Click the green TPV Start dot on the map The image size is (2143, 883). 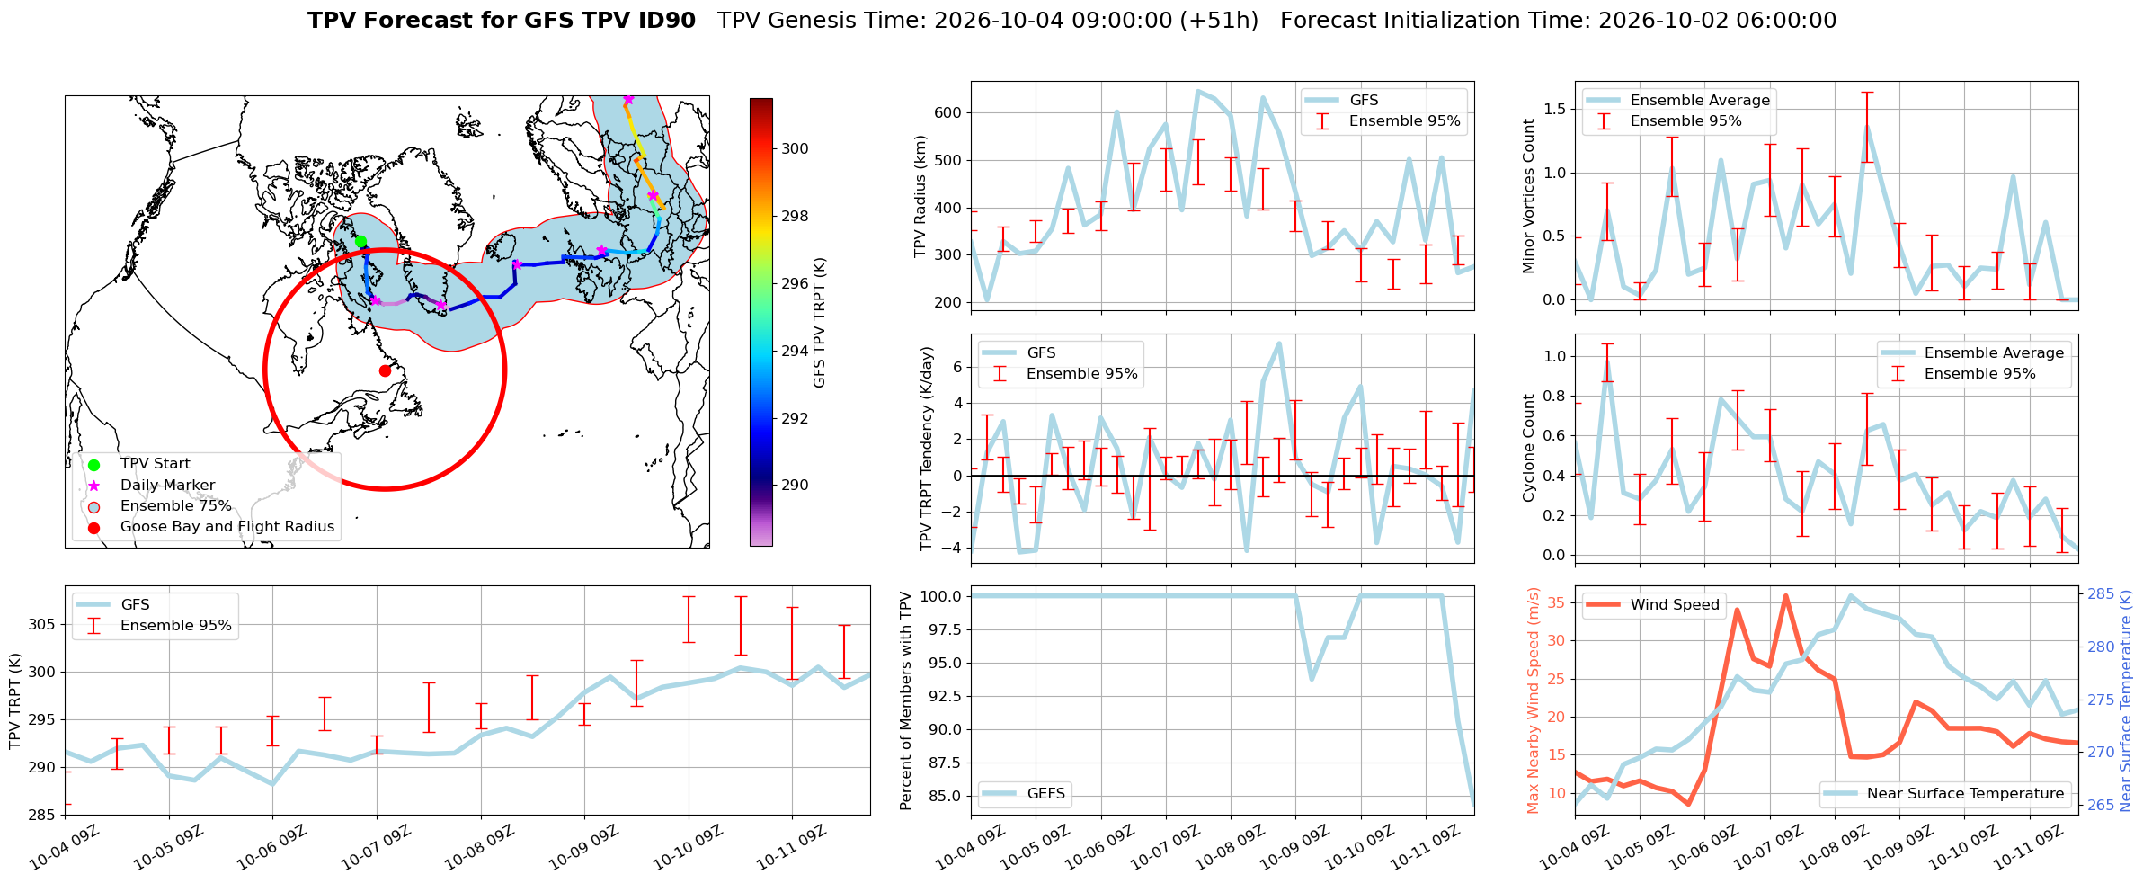click(360, 241)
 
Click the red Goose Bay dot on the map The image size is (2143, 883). click(385, 370)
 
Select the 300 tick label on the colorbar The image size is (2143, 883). click(795, 148)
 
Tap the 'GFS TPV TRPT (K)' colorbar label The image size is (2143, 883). click(819, 323)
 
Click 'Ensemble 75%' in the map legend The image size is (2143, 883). click(176, 505)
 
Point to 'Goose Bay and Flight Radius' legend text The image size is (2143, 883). click(227, 526)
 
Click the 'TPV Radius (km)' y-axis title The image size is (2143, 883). click(920, 196)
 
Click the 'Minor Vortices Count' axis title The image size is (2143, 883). click(1529, 196)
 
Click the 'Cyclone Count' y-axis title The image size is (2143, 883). click(1529, 448)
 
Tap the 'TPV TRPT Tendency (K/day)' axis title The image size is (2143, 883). click(927, 448)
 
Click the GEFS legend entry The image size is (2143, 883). click(1046, 793)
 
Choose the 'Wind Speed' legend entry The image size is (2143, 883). click(1675, 604)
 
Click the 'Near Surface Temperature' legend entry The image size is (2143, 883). click(1965, 793)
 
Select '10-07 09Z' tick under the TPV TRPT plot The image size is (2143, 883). click(377, 847)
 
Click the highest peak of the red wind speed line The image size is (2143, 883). click(1785, 595)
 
